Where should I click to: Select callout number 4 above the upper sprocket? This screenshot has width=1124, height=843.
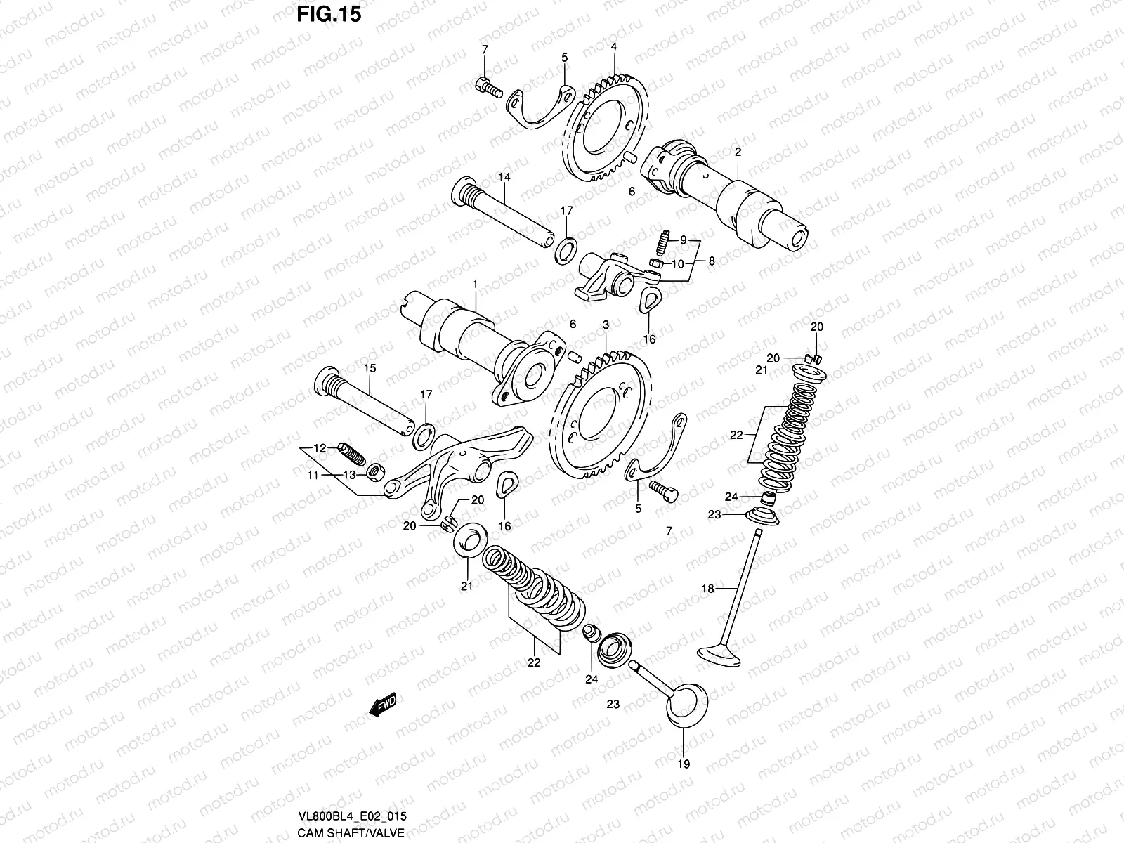[613, 46]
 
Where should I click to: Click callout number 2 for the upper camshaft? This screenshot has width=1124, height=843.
[738, 152]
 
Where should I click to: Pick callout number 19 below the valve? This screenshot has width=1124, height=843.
[684, 764]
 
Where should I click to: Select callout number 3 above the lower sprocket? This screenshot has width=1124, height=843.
[606, 325]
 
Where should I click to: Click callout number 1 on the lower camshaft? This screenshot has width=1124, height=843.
[475, 285]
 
